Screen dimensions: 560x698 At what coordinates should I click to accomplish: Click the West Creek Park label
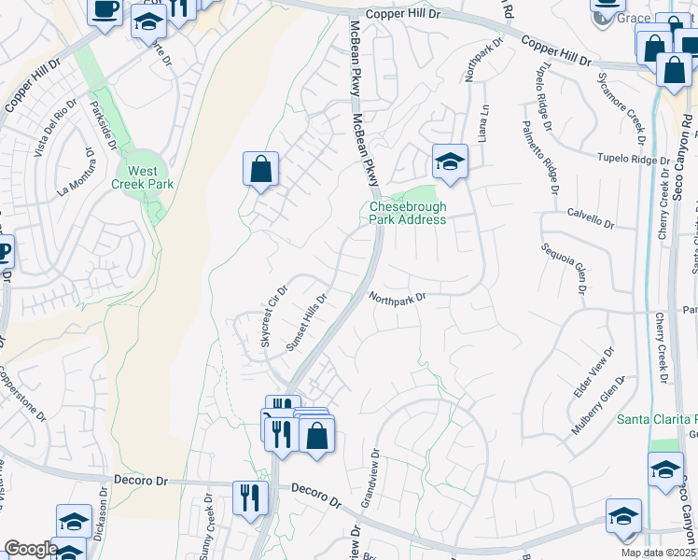pyautogui.click(x=143, y=177)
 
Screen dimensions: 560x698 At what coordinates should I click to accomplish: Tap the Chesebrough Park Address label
pyautogui.click(x=408, y=213)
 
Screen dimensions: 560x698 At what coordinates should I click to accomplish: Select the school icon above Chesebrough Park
pyautogui.click(x=449, y=162)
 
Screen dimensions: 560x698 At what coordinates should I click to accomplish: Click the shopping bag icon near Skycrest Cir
pyautogui.click(x=261, y=170)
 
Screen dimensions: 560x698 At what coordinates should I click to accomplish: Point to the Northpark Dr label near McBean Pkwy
pyautogui.click(x=397, y=299)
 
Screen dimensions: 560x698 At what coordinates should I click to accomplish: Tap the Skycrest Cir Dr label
pyautogui.click(x=273, y=317)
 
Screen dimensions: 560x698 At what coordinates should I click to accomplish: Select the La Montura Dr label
pyautogui.click(x=77, y=177)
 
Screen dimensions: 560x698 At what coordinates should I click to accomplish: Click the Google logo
pyautogui.click(x=30, y=549)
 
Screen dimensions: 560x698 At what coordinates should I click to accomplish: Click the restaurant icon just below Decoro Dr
pyautogui.click(x=248, y=497)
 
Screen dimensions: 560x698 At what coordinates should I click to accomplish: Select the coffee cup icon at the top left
pyautogui.click(x=105, y=10)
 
